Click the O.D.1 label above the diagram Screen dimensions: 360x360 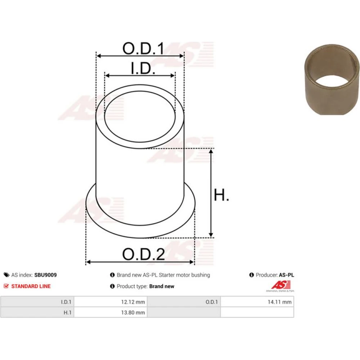pyautogui.click(x=144, y=48)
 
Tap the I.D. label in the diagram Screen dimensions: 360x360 pyautogui.click(x=143, y=68)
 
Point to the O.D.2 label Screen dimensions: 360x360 pyautogui.click(x=144, y=254)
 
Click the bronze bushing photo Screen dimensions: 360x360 pyautogui.click(x=332, y=80)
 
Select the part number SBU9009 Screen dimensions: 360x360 pyautogui.click(x=45, y=275)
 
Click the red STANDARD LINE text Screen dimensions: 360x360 pyautogui.click(x=31, y=286)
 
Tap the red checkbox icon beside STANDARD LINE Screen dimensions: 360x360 pyautogui.click(x=6, y=286)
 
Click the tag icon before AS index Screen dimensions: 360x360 pyautogui.click(x=6, y=275)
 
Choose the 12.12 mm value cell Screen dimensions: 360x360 pyautogui.click(x=111, y=302)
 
